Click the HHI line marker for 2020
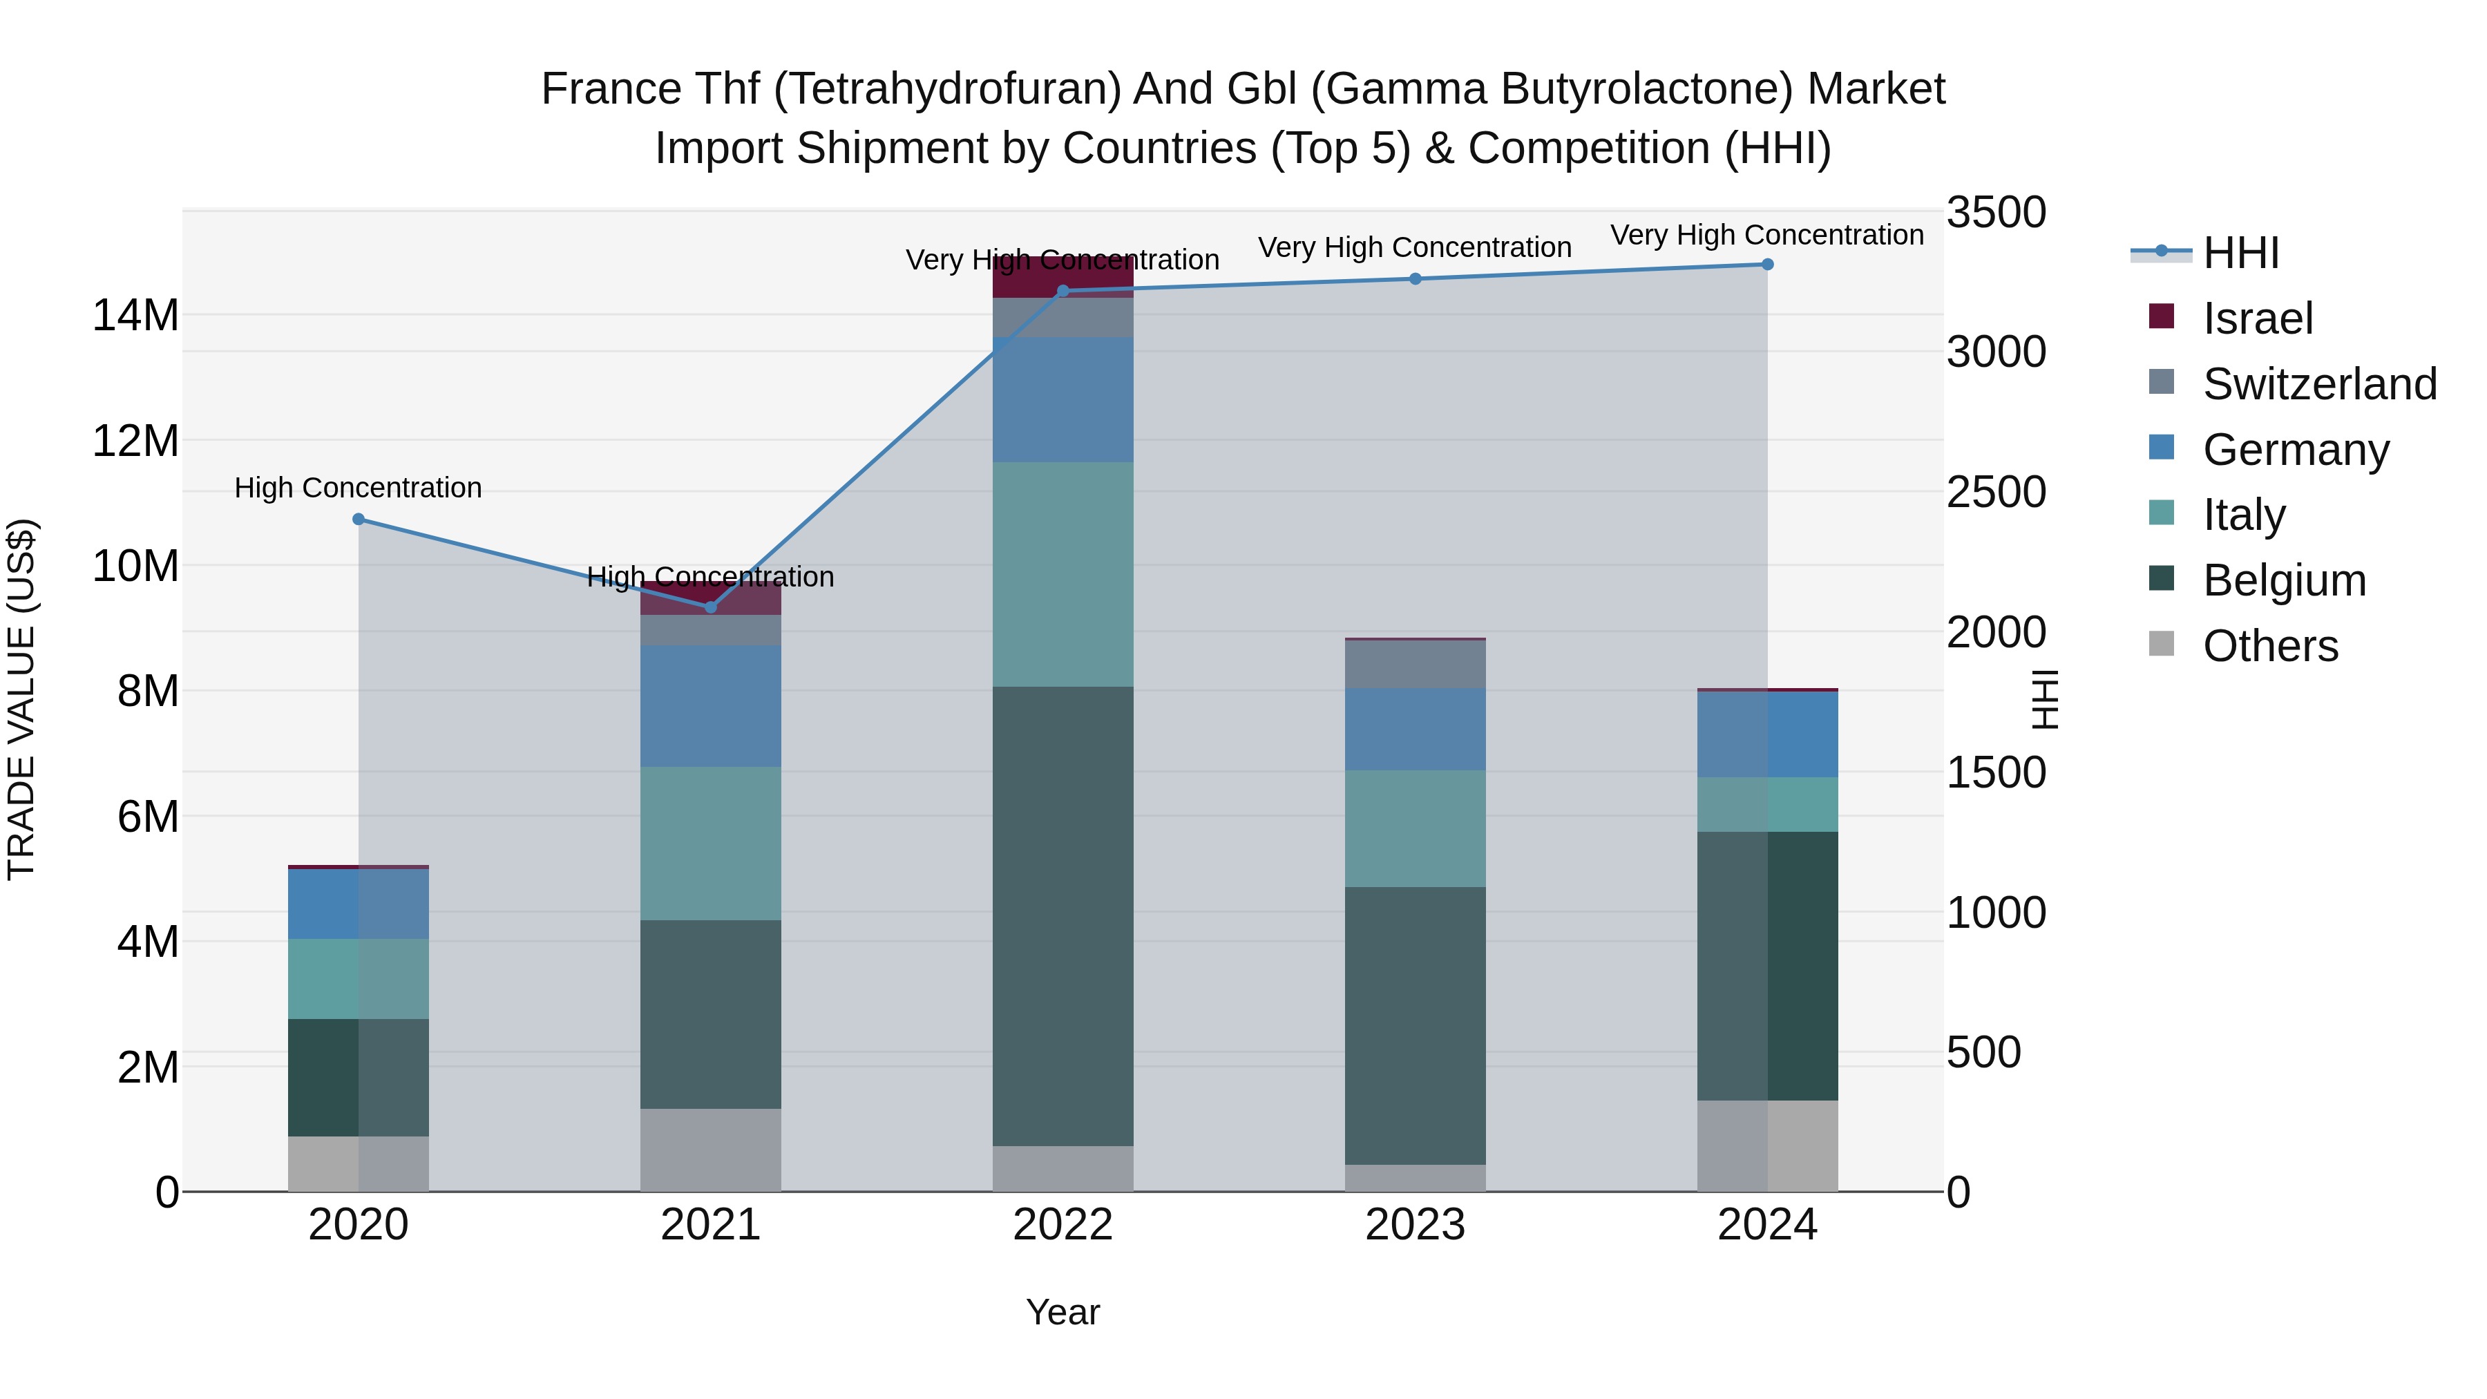tap(358, 520)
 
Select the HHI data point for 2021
tap(711, 607)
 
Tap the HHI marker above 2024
tap(1766, 265)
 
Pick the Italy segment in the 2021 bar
tap(711, 843)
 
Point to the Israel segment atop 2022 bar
tap(1062, 277)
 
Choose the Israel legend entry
tap(2257, 318)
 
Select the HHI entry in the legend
tap(2240, 253)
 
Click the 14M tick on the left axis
tap(135, 316)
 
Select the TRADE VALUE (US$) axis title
tap(21, 699)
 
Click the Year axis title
tap(1062, 1312)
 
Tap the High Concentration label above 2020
tap(358, 488)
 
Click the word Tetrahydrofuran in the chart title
tap(947, 89)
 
